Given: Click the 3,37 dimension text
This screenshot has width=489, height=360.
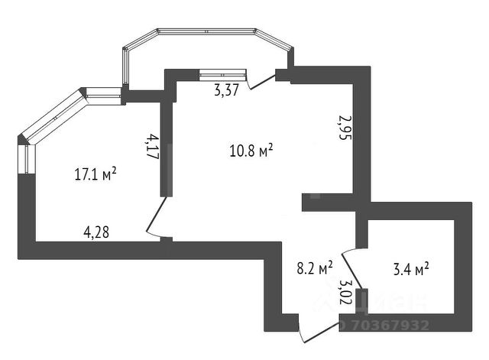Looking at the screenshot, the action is coord(227,90).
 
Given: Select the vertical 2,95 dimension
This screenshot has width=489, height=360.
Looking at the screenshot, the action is coord(345,127).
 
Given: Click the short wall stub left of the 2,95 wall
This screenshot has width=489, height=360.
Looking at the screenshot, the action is coord(326,202).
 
